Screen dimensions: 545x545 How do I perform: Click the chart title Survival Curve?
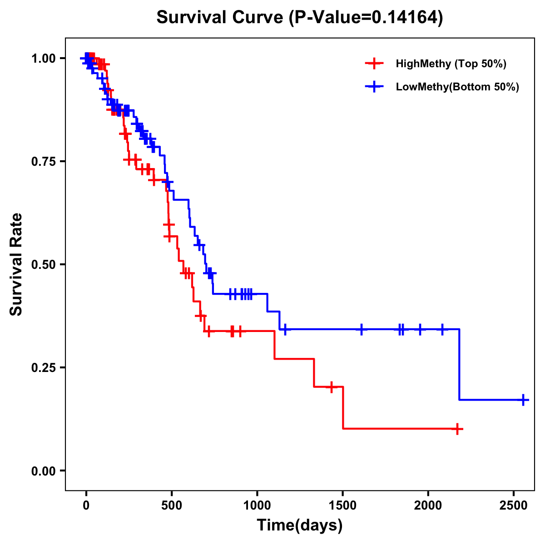coord(300,17)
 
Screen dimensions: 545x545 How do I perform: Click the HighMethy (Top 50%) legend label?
coord(451,64)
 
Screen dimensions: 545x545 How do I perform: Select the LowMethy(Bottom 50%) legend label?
coord(457,87)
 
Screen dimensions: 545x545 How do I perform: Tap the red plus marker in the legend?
coord(374,64)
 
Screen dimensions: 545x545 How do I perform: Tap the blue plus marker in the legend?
coord(374,87)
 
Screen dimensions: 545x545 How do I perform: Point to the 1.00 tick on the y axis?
coord(44,59)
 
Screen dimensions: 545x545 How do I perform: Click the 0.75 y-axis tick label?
coord(44,162)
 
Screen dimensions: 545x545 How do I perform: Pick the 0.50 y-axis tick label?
coord(44,265)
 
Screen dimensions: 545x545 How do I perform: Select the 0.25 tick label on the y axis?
coord(44,368)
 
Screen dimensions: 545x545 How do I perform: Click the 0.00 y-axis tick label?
coord(44,471)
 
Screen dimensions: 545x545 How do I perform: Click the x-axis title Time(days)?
coord(300,525)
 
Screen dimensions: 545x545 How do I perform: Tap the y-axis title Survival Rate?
coord(16,264)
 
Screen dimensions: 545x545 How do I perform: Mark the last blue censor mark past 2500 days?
coord(524,400)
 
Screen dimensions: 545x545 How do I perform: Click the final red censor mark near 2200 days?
coord(457,429)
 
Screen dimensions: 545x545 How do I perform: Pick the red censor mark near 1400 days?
coord(332,387)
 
